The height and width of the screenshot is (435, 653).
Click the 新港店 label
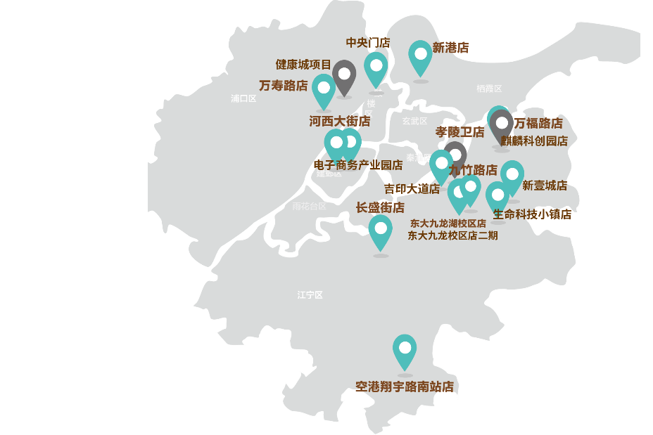450,48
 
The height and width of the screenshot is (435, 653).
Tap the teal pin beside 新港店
420,56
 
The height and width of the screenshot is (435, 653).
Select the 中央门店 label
367,43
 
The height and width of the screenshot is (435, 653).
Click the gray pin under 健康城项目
344,75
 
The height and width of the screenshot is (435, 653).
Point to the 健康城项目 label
303,65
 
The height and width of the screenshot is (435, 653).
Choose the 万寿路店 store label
283,86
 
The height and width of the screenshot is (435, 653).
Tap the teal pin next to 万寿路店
324,90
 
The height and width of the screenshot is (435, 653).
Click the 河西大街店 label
340,122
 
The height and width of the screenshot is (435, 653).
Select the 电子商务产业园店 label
358,165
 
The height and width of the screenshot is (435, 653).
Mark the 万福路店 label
538,124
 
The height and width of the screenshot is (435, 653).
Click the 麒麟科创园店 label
534,141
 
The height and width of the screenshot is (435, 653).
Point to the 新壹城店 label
545,186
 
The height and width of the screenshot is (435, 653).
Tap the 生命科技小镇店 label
532,214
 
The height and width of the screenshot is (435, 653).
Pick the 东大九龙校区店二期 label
452,235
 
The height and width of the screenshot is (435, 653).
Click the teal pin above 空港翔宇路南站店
405,350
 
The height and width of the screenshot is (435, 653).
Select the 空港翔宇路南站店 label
405,387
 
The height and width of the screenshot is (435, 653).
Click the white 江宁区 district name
310,295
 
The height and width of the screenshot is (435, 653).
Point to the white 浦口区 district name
243,99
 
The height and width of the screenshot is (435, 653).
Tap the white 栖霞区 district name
489,89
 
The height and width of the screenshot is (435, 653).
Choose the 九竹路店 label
473,170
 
